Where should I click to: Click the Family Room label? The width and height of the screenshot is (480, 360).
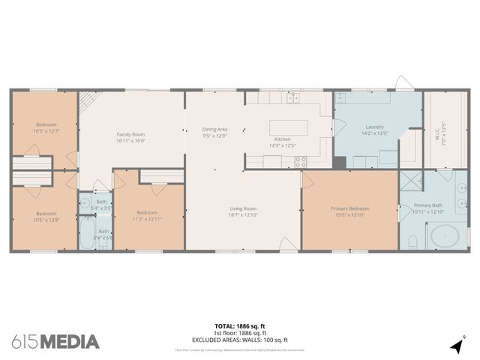click(x=130, y=133)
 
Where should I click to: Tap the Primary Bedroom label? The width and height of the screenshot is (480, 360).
click(x=349, y=208)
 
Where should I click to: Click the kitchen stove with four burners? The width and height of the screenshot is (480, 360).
click(x=301, y=160)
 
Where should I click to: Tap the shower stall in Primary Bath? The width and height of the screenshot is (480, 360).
click(x=410, y=181)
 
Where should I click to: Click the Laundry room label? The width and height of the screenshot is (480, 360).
click(x=374, y=127)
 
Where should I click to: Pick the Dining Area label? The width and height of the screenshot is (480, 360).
click(x=214, y=129)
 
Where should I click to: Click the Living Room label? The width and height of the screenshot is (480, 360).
click(x=243, y=208)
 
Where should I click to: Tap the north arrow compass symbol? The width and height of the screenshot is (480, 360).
click(x=456, y=345)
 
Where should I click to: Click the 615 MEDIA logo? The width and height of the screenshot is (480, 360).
click(x=55, y=341)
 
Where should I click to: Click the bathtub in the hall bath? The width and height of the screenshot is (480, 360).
click(x=85, y=233)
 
